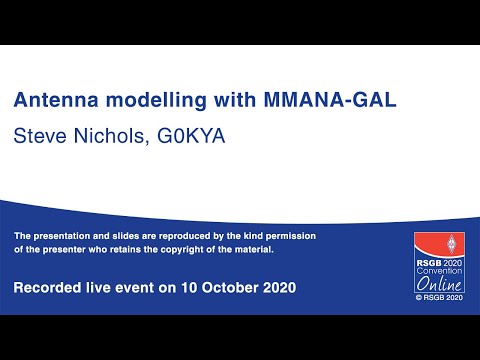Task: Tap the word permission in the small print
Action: [x=285, y=235]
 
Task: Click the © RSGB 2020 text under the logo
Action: [x=441, y=296]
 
